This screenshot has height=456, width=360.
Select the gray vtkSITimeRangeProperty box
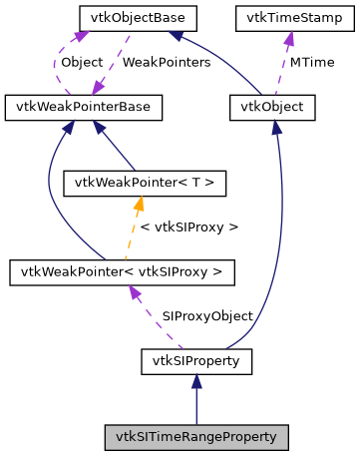click(x=196, y=437)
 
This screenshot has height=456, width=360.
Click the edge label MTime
click(x=310, y=62)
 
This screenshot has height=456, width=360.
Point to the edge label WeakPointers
click(x=166, y=62)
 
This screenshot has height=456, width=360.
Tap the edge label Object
click(x=82, y=62)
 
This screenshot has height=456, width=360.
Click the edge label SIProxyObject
click(x=207, y=315)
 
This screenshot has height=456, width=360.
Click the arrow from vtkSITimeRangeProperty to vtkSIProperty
click(x=196, y=399)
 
